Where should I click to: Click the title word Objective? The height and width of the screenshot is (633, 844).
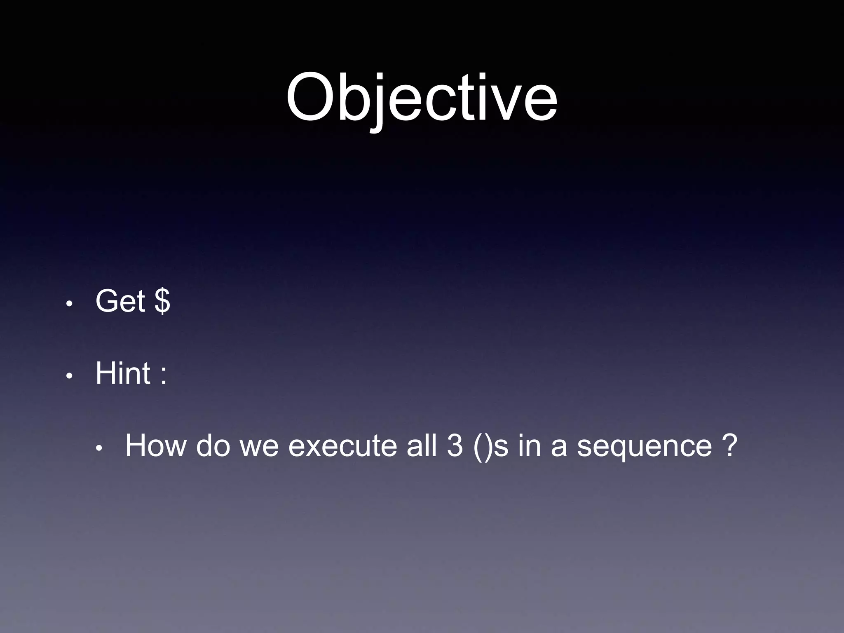pyautogui.click(x=422, y=99)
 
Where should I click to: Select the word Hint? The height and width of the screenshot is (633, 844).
pyautogui.click(x=123, y=373)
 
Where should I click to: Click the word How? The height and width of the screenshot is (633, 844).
pyautogui.click(x=155, y=445)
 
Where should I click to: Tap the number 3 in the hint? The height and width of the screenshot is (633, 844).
pyautogui.click(x=455, y=445)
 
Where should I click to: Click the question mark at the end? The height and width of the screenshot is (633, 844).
pyautogui.click(x=729, y=445)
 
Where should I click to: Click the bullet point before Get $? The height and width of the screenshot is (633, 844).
pyautogui.click(x=70, y=304)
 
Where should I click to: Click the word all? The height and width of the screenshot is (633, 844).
pyautogui.click(x=421, y=445)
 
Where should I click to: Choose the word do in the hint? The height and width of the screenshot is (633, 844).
pyautogui.click(x=213, y=445)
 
